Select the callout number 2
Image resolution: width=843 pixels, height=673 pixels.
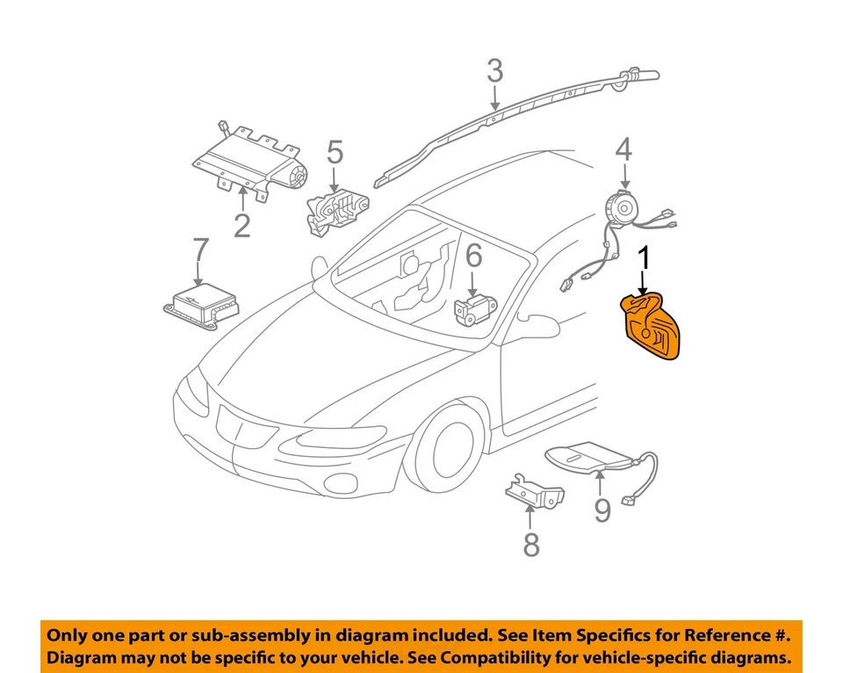[x=241, y=225]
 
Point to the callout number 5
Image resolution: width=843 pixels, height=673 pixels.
[x=335, y=153]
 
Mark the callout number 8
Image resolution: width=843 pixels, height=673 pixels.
[x=531, y=545]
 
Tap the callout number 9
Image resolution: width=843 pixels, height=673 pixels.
[x=602, y=509]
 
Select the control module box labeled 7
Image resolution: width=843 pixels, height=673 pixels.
[x=202, y=304]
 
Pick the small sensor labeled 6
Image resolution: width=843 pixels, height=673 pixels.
[x=472, y=307]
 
